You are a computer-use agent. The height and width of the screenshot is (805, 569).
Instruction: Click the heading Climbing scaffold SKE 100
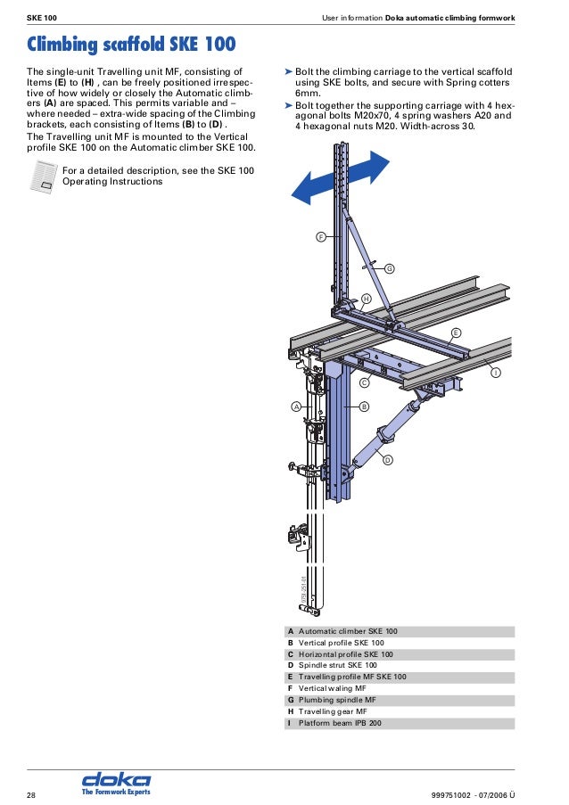point(132,44)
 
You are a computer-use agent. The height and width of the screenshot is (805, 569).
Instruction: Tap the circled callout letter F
point(320,237)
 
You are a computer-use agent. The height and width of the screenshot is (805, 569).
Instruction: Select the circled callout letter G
point(389,267)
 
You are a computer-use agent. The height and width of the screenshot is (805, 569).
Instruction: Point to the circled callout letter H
point(366,298)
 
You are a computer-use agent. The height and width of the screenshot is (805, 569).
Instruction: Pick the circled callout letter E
point(456,332)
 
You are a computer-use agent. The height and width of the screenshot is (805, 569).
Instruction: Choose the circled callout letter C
point(364,382)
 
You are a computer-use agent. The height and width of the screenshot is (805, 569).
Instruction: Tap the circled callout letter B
point(364,407)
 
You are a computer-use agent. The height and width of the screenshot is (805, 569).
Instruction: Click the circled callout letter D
point(388,460)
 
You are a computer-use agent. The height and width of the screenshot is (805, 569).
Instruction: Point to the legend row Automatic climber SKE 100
point(348,631)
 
